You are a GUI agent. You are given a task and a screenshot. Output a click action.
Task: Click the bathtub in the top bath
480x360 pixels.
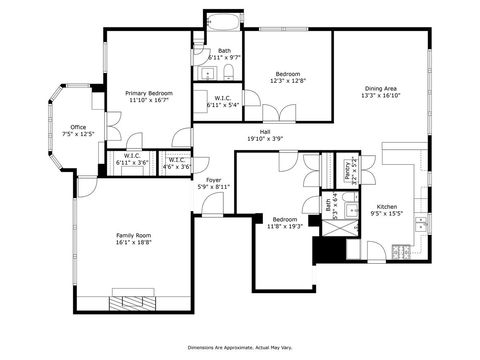(223, 22)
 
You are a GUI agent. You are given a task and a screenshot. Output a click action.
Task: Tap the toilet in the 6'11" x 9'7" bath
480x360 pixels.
(228, 83)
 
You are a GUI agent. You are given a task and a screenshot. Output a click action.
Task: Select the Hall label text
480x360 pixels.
(265, 132)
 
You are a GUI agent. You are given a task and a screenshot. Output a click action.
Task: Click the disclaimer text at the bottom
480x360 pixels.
(240, 345)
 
